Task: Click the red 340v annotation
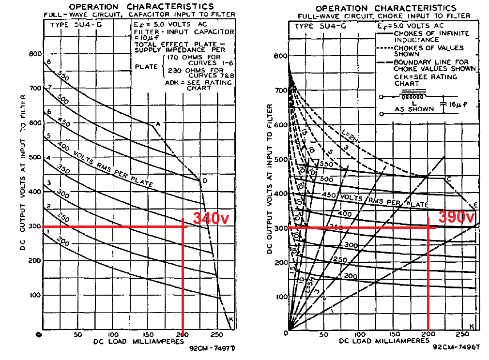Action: point(211,218)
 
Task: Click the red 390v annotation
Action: point(456,217)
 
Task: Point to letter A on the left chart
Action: point(158,123)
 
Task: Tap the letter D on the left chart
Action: point(205,181)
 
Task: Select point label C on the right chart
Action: point(449,180)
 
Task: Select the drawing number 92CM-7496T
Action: point(456,347)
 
